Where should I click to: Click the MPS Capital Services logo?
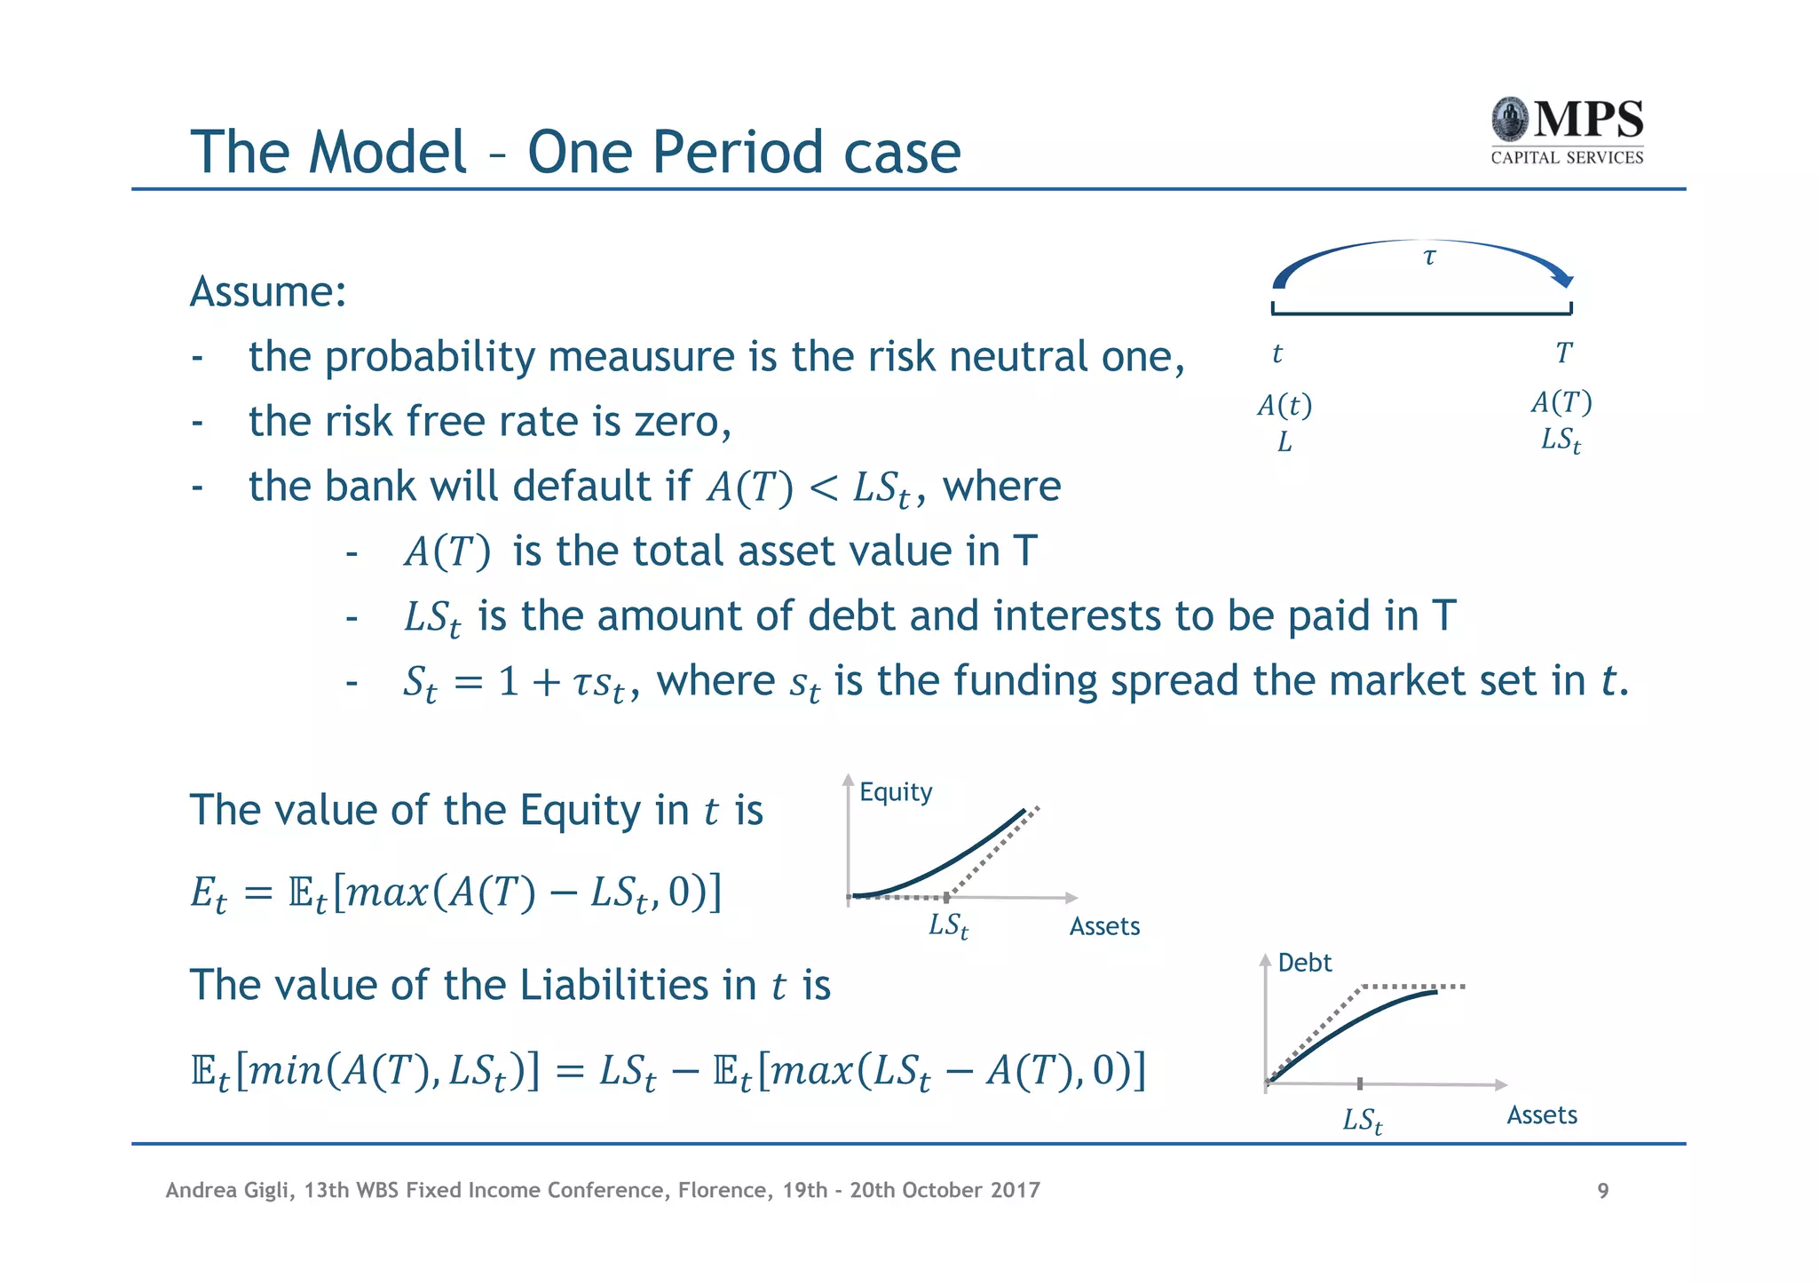[1567, 131]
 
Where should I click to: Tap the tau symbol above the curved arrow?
[1429, 258]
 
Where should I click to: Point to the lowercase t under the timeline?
[1277, 354]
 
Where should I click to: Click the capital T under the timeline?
[1563, 353]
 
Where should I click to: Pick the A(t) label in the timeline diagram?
[1284, 406]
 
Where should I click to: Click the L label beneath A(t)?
[1284, 442]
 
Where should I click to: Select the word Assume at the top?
[267, 292]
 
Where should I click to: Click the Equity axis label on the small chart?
[896, 791]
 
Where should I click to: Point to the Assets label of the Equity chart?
[1103, 926]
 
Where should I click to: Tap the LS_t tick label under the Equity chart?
[948, 926]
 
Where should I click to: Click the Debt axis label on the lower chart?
[1304, 963]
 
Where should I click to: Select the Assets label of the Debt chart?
[1541, 1115]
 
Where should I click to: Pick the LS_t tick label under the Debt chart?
[1362, 1121]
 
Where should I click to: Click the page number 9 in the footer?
[1602, 1191]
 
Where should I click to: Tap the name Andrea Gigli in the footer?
[229, 1191]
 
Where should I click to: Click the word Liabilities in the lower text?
[615, 986]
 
